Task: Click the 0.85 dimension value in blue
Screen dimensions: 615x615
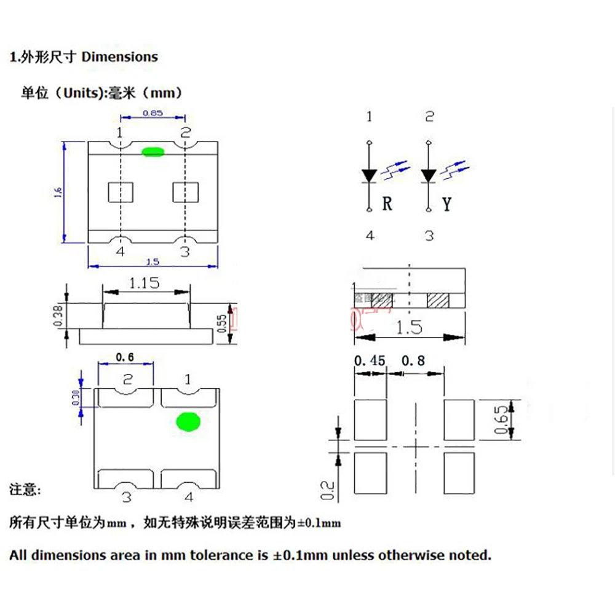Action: pos(152,113)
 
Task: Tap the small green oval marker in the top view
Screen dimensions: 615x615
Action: pos(152,151)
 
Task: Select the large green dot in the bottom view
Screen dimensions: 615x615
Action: pos(188,422)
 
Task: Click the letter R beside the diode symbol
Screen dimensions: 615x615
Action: pos(387,204)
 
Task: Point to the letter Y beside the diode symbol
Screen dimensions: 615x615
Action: pos(446,204)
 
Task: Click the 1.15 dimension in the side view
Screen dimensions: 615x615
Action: pos(144,283)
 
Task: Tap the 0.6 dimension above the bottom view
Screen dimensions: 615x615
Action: pos(125,357)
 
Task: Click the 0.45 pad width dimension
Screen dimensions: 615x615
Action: pos(370,360)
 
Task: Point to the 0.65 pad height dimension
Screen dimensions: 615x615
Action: pos(503,419)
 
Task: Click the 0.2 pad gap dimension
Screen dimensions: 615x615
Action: pos(327,490)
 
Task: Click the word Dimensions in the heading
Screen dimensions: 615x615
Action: pos(120,57)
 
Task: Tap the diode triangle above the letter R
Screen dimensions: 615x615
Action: pos(369,175)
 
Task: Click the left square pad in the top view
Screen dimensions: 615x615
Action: pos(121,192)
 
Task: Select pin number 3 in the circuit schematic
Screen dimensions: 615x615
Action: pos(429,235)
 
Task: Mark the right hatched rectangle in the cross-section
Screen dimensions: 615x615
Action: pos(438,300)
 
